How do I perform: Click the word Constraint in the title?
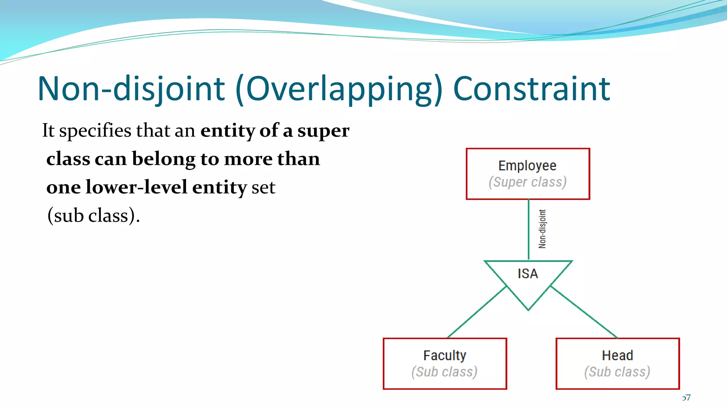pyautogui.click(x=531, y=89)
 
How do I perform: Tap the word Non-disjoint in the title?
pyautogui.click(x=131, y=89)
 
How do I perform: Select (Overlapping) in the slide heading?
pyautogui.click(x=339, y=89)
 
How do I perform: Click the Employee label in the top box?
pyautogui.click(x=527, y=166)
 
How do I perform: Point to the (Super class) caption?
pyautogui.click(x=527, y=182)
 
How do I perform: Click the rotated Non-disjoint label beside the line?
pyautogui.click(x=542, y=229)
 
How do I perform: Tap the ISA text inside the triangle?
pyautogui.click(x=528, y=274)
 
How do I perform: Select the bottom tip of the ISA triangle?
pyautogui.click(x=528, y=309)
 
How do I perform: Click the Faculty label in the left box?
pyautogui.click(x=444, y=355)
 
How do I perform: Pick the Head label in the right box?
pyautogui.click(x=617, y=355)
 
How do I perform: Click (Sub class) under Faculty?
pyautogui.click(x=444, y=372)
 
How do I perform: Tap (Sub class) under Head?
pyautogui.click(x=617, y=372)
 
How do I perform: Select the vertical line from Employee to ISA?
pyautogui.click(x=528, y=230)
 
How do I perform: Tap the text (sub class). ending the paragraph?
pyautogui.click(x=93, y=216)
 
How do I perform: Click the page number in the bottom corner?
pyautogui.click(x=686, y=398)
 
